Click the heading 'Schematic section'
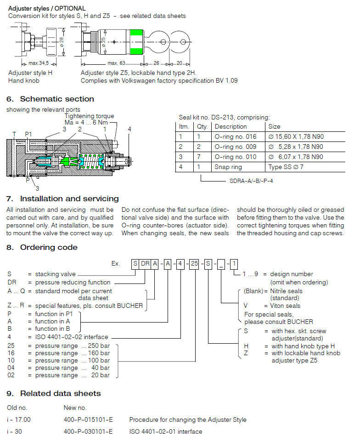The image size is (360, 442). (57, 99)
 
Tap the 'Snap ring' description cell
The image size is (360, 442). (228, 167)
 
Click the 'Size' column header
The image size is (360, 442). (276, 126)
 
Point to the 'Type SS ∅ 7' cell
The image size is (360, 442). (287, 167)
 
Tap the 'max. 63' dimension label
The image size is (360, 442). (117, 63)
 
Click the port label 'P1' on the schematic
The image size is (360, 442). (28, 134)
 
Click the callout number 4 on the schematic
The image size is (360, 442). (129, 129)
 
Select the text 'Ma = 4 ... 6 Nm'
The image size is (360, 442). (86, 123)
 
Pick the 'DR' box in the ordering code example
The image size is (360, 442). (145, 264)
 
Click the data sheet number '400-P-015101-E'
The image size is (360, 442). (88, 419)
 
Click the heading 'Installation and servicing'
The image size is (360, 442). (69, 198)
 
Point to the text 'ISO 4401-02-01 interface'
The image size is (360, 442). (165, 431)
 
